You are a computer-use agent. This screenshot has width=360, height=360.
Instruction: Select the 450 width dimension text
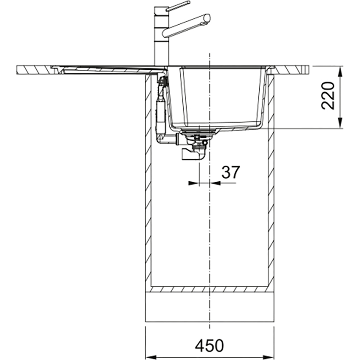coord(209,346)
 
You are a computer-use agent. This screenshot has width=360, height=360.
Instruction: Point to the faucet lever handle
coord(178,6)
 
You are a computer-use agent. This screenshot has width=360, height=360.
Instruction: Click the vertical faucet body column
coord(162,37)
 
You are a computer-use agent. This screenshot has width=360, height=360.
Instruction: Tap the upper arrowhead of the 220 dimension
coord(340,72)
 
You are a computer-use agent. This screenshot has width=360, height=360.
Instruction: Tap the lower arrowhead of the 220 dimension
coord(340,123)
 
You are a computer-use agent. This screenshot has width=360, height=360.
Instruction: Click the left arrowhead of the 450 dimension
coord(151,357)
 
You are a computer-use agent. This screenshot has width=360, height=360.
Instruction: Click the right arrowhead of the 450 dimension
coord(269,357)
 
